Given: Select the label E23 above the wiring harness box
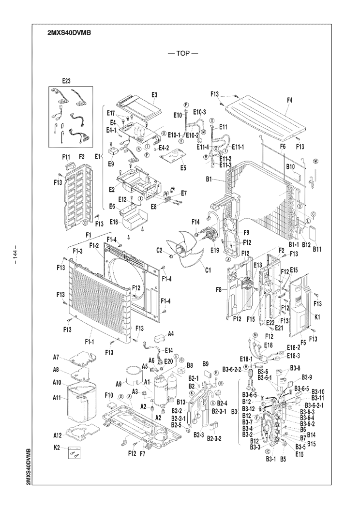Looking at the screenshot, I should (x=66, y=81).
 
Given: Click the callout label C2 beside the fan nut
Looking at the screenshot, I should (x=160, y=250).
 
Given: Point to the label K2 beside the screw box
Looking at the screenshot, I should (x=56, y=449).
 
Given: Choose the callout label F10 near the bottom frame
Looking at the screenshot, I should (x=109, y=396).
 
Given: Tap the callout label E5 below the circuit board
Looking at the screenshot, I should (x=183, y=168).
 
